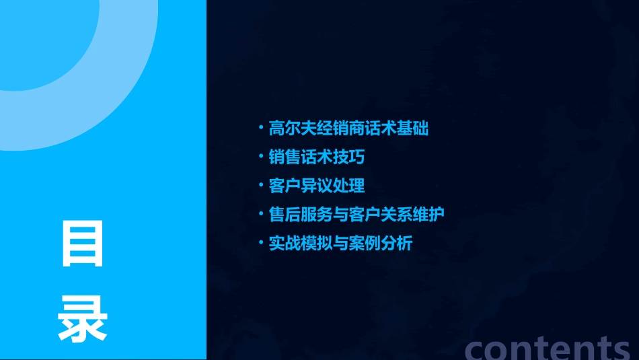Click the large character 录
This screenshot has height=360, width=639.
[82, 320]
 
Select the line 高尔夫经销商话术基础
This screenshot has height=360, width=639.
[348, 128]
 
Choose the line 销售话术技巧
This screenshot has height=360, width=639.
[316, 157]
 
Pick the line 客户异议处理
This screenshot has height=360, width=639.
[316, 186]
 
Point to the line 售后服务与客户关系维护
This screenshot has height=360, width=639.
[356, 214]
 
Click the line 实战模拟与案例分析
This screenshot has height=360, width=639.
[340, 243]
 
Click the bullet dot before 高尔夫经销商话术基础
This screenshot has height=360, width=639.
[261, 127]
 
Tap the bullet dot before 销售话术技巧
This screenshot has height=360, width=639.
[261, 156]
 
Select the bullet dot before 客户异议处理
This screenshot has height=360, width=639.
[261, 185]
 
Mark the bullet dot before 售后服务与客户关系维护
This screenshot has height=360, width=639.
[261, 213]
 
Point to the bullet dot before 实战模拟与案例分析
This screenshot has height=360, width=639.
[261, 242]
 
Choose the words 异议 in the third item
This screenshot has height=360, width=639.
[316, 186]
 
